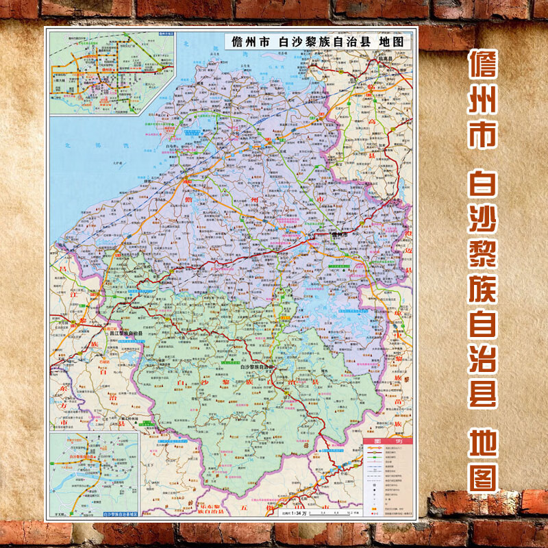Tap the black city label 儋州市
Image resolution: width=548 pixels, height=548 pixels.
pos(340,234)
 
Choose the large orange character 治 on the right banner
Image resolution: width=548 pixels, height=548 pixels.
pos(482,393)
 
